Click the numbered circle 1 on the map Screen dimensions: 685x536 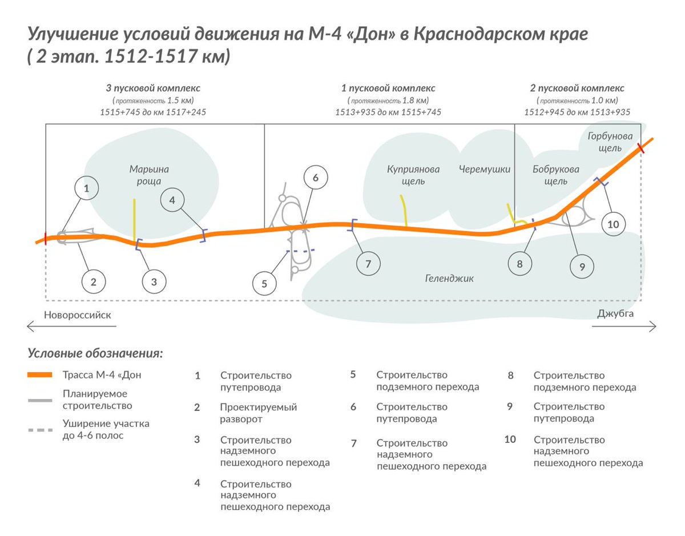86,188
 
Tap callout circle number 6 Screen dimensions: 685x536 316,178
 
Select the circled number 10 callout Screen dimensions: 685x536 613,224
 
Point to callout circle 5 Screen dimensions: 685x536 264,284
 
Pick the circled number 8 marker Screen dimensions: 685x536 520,264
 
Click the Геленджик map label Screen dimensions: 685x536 449,279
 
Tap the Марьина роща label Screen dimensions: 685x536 149,175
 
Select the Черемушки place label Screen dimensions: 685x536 485,169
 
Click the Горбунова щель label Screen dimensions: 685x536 610,142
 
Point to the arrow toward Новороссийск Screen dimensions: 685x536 71,326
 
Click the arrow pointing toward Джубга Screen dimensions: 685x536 624,327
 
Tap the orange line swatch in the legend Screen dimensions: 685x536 40,374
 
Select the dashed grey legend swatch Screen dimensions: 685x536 41,430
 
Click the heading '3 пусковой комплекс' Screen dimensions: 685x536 153,88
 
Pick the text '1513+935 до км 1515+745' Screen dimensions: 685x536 388,112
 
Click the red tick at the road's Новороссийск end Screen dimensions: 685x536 46,239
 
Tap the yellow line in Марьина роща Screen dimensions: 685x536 135,220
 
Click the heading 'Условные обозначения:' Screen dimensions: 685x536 95,353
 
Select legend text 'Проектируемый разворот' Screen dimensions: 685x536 259,413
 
